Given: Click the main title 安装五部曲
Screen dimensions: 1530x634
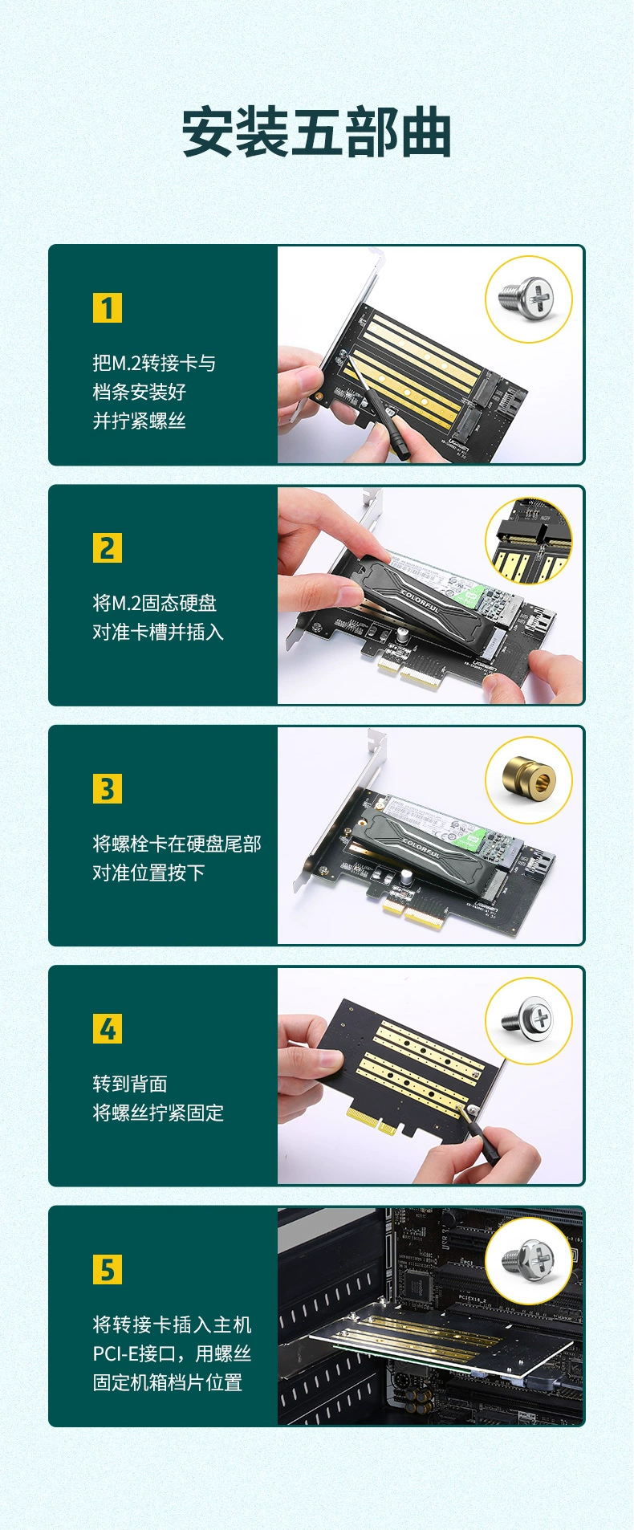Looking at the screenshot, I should (x=316, y=132).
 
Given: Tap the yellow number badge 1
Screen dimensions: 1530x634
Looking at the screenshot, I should (x=108, y=307).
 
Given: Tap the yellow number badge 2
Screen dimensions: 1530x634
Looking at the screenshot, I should (x=108, y=548).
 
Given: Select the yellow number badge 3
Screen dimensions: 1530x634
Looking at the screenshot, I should (x=108, y=789).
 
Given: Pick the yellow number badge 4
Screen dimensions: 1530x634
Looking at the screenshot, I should (x=108, y=1029).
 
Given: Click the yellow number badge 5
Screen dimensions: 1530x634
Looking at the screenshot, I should (x=108, y=1270).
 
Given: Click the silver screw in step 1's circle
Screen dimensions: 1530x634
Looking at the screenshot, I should (x=528, y=299).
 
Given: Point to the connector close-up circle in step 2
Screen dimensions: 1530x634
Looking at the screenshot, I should (x=528, y=540).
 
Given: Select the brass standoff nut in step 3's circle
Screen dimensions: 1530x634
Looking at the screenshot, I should (x=528, y=780).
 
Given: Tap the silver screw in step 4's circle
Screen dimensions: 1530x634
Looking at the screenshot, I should (x=528, y=1020).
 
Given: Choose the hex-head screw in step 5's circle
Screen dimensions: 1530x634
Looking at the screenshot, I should (x=528, y=1260).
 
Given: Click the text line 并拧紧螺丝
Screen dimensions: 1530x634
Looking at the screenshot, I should (x=139, y=421).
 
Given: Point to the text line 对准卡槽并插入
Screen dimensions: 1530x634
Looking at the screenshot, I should (x=157, y=633).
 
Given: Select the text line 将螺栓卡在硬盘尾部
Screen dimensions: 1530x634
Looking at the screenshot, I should (x=177, y=844).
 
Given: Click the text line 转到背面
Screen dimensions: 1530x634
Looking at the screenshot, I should (x=130, y=1084).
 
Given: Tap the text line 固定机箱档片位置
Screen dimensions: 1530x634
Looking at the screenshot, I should (x=167, y=1382).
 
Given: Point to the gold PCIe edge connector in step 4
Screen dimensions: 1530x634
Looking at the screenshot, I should (x=372, y=1121).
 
